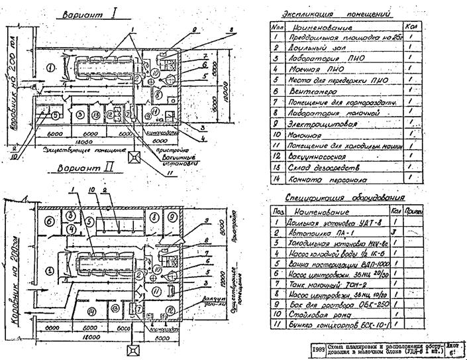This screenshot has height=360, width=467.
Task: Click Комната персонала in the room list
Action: pyautogui.click(x=324, y=179)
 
